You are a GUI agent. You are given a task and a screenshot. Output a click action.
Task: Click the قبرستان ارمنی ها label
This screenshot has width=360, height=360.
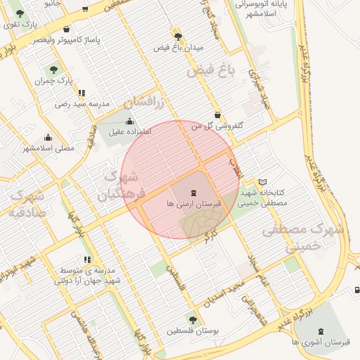[x=193, y=202]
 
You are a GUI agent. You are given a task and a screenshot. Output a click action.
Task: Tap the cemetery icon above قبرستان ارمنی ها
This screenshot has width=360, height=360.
[x=193, y=192]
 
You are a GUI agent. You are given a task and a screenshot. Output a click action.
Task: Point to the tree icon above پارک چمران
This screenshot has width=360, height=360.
[x=53, y=70]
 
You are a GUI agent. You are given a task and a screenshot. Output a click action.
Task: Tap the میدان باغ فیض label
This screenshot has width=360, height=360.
[x=179, y=47]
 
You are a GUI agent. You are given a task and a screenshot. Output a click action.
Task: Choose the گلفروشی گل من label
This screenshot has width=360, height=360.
[x=217, y=126]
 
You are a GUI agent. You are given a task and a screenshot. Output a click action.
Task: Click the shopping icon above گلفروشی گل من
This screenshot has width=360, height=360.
[x=217, y=115]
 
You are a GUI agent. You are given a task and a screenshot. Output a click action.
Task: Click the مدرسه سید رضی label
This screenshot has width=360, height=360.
[x=83, y=104]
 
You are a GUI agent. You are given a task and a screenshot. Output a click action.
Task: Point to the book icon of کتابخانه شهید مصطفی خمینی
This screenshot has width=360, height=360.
[x=262, y=183]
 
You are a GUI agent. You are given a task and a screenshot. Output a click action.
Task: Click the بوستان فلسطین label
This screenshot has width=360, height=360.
[x=192, y=330]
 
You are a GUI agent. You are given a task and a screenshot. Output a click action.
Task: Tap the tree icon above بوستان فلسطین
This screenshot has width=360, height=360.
[x=193, y=320]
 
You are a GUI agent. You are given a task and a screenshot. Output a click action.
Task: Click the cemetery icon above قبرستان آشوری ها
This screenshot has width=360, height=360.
[x=321, y=330]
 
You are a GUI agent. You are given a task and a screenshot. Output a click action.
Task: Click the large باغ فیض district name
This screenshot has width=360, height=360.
[x=210, y=70]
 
